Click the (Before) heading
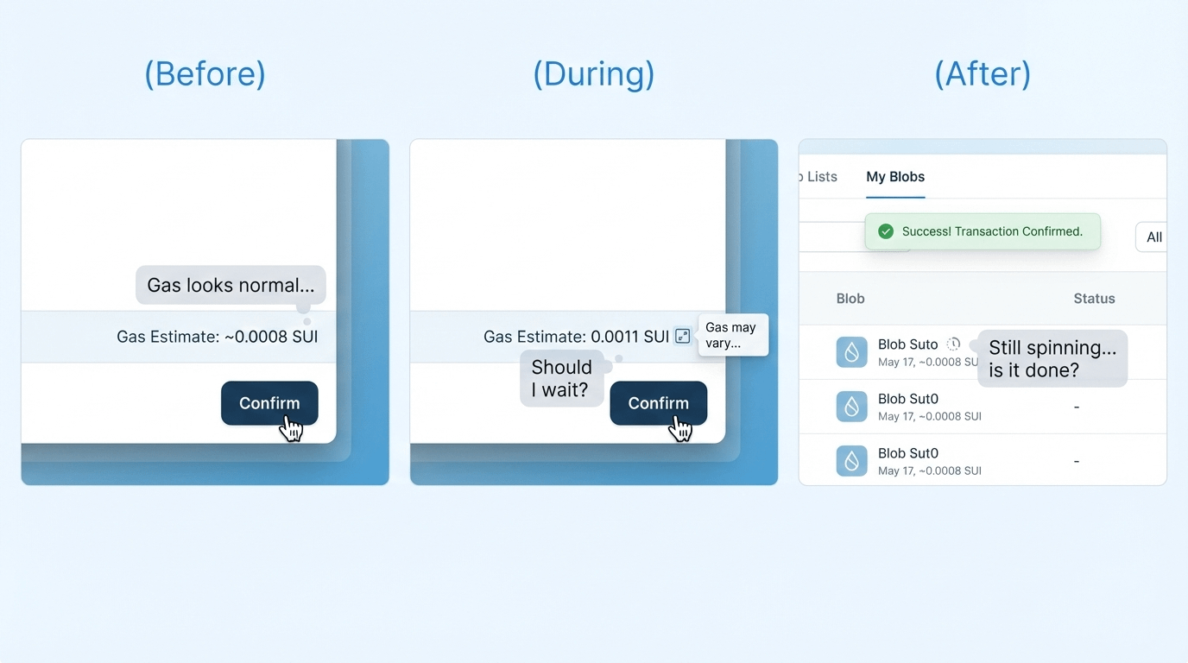point(205,74)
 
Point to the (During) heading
point(594,74)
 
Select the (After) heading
point(983,74)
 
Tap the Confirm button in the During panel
point(658,403)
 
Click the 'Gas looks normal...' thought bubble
point(231,285)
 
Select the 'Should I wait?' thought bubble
point(561,378)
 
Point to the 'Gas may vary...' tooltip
point(732,335)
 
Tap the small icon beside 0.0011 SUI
point(683,336)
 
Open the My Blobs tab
point(895,177)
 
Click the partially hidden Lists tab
point(818,177)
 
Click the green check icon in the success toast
point(885,231)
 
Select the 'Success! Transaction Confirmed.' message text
point(992,231)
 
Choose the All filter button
point(1153,237)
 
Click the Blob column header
point(850,299)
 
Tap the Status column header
point(1094,299)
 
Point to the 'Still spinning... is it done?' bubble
point(1052,358)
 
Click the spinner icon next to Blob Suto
point(953,344)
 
